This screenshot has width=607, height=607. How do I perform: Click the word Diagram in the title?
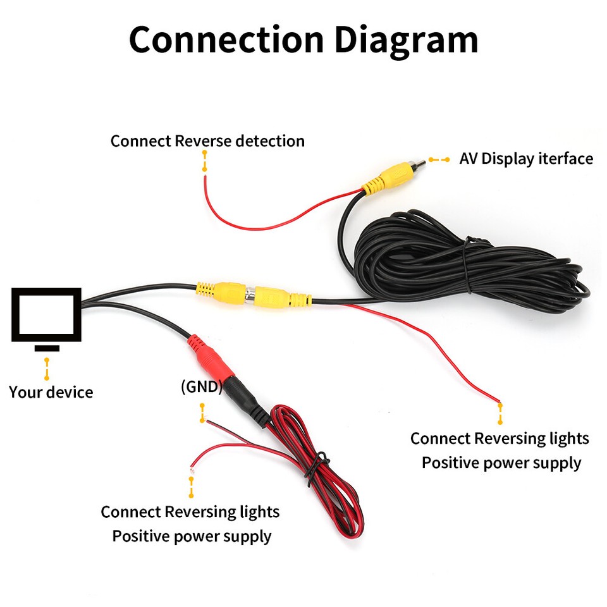point(406,39)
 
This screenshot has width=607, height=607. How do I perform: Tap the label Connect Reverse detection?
point(207,140)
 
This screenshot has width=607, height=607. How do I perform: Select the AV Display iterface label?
point(526,158)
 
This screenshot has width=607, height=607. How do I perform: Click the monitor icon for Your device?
point(47,315)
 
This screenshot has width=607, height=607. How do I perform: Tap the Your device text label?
point(51,392)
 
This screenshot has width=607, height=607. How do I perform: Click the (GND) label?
point(201,387)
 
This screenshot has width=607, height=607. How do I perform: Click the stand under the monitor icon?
point(47,348)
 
